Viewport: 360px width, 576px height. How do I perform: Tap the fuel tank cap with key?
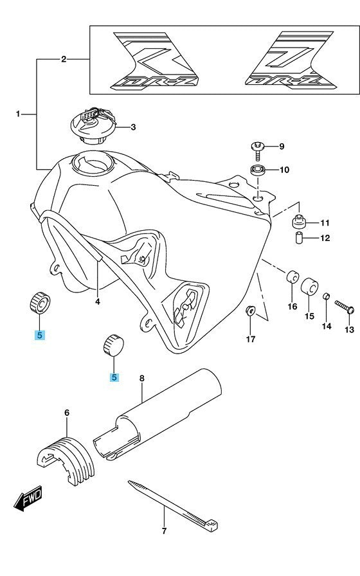tap(94, 125)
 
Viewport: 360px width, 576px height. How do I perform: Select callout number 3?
tap(133, 127)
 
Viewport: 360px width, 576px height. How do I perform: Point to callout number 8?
tap(142, 378)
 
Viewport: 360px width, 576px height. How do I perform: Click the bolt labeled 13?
tap(344, 307)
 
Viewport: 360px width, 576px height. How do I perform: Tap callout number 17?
tap(251, 339)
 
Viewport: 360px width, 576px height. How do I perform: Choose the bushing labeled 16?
tap(292, 278)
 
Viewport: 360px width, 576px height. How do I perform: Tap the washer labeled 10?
tap(258, 170)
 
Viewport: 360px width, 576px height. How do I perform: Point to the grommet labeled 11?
tap(300, 222)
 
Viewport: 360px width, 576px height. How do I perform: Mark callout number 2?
tap(64, 59)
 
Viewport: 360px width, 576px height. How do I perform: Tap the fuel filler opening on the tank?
tap(92, 163)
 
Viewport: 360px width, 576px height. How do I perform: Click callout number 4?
tap(97, 301)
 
